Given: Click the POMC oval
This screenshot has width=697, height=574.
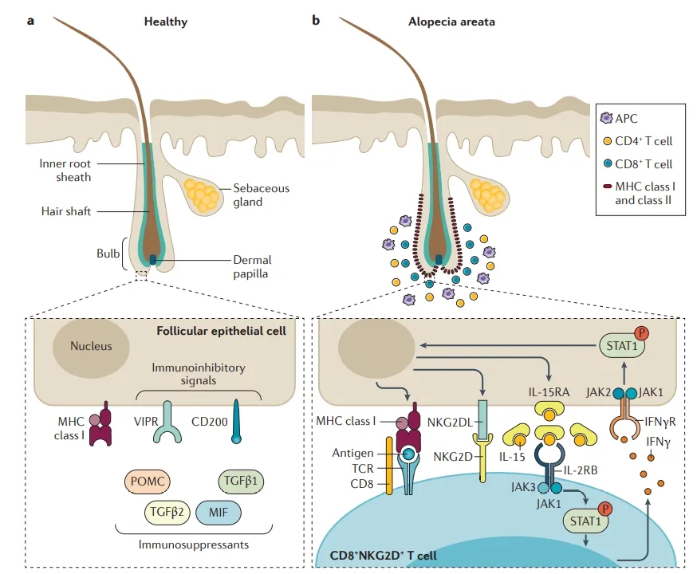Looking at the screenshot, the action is [147, 482].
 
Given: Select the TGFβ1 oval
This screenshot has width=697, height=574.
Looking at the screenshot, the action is [241, 482].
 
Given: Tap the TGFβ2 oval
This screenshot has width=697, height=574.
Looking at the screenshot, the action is [167, 513].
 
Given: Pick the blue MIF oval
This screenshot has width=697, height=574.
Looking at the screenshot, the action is [219, 513].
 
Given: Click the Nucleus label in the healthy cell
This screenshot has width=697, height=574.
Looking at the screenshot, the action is [91, 346].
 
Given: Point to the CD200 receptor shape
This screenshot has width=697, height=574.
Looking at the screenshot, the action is [236, 421].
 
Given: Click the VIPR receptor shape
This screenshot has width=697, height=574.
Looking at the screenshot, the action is [167, 422].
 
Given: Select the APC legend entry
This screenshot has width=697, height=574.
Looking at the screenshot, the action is [619, 118].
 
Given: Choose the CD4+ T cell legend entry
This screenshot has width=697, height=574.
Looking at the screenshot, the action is [637, 141].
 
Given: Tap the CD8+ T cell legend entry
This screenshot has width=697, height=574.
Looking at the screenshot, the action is [637, 164].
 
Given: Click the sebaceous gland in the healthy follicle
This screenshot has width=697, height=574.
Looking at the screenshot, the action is [203, 195].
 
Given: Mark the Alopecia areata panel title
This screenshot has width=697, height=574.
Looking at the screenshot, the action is [451, 22].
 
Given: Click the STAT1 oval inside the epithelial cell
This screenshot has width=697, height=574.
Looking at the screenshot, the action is [622, 346].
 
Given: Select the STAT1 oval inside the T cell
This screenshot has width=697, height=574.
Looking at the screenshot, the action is [585, 521].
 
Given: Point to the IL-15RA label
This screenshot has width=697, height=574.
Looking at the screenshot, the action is [549, 392].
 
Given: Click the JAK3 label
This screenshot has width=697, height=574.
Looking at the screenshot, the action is [523, 487].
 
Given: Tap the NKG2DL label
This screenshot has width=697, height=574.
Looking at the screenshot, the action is [450, 422].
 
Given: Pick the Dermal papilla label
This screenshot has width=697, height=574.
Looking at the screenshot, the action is [252, 266].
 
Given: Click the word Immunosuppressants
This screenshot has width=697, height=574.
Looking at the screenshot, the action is [193, 545].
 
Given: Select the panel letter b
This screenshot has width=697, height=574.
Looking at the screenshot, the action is [316, 21].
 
